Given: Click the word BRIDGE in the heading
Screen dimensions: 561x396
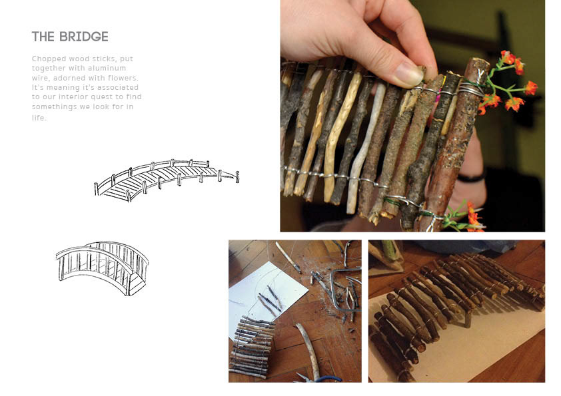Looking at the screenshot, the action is coord(84,37).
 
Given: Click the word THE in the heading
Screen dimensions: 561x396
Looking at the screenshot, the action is coord(43,37).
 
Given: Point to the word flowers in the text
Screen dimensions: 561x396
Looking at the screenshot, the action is coord(123,78).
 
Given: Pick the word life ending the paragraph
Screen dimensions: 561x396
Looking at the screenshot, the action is coord(39,118).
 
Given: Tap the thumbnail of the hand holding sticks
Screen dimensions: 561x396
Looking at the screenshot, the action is coord(412,116).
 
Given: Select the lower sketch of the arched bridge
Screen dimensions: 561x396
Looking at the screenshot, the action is coord(103,268).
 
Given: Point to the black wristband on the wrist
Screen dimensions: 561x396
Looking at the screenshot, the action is coord(472,177).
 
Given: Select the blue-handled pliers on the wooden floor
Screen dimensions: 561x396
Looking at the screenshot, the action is coord(322,379).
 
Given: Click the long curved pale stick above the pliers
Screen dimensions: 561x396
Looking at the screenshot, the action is coord(309,349).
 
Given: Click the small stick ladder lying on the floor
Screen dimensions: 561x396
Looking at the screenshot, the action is coord(253,347).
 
